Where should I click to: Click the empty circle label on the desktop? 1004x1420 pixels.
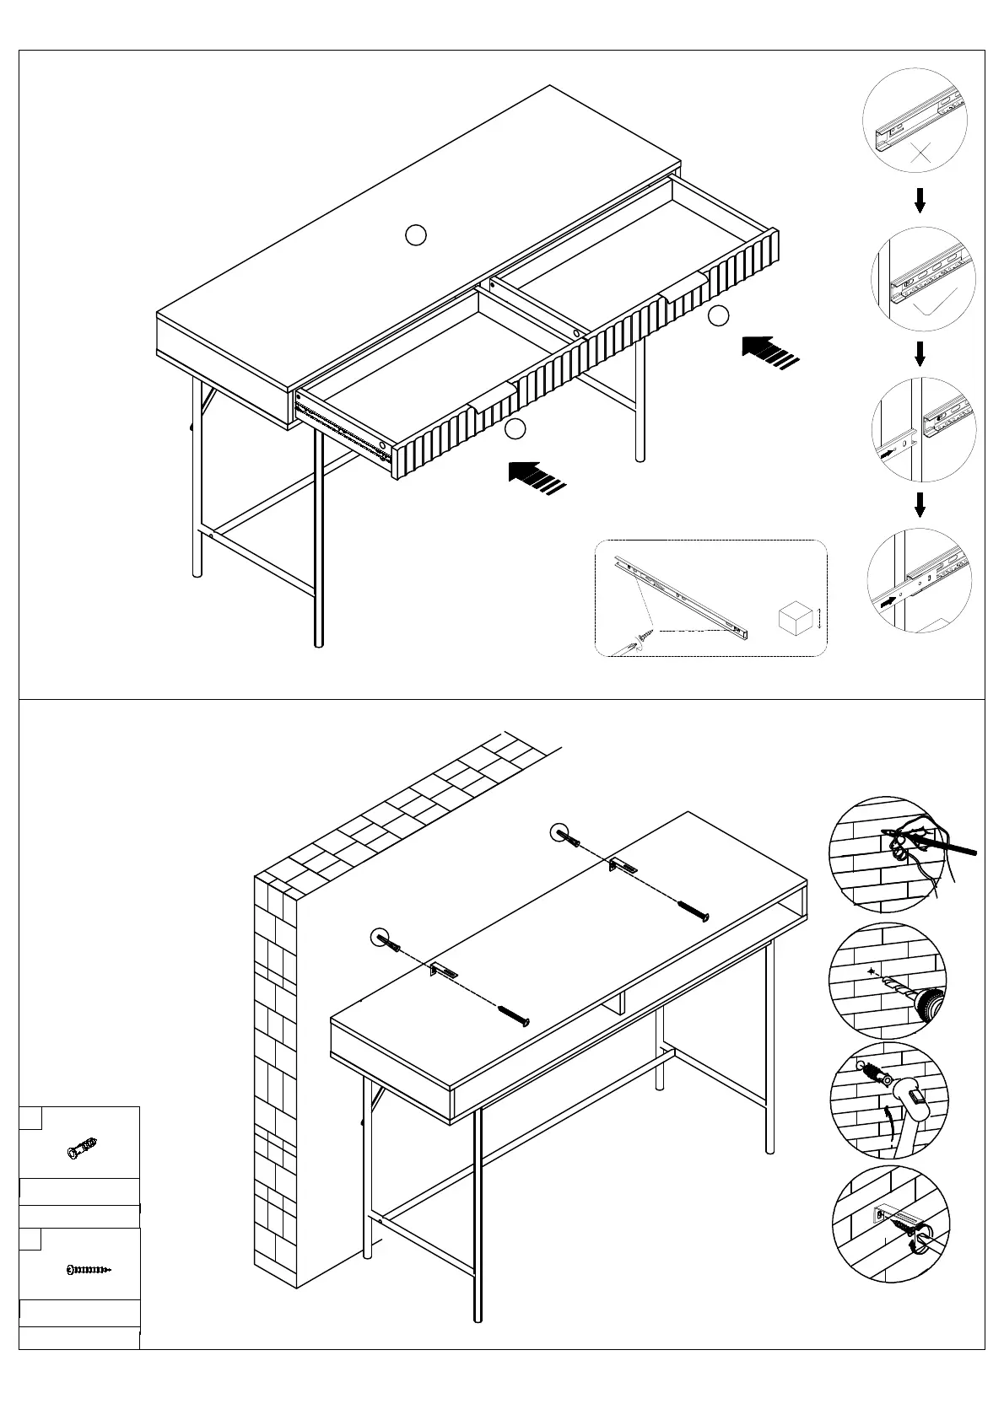click(x=415, y=235)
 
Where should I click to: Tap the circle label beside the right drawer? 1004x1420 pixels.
click(x=718, y=316)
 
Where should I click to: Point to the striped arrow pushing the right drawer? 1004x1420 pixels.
click(x=768, y=352)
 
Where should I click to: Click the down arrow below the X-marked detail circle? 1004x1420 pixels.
click(x=920, y=201)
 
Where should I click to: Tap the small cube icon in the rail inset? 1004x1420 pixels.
click(x=793, y=620)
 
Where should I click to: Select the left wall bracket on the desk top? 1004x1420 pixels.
click(x=445, y=970)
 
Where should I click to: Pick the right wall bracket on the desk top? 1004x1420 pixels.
click(x=624, y=865)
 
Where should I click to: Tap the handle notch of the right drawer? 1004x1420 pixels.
click(x=683, y=286)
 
